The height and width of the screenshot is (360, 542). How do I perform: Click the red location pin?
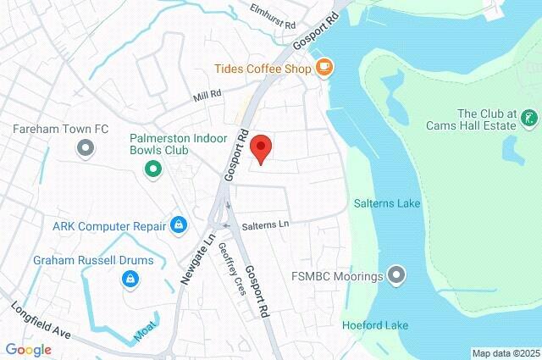[262, 148]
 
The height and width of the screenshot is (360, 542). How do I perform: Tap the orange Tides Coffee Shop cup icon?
[324, 67]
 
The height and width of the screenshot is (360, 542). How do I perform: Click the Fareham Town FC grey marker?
[85, 149]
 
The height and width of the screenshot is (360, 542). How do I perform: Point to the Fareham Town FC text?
[61, 129]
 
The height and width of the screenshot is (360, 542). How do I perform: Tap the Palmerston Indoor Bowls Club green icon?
[153, 169]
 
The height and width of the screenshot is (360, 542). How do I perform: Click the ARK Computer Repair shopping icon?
[178, 224]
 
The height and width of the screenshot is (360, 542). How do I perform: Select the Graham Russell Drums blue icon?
[130, 277]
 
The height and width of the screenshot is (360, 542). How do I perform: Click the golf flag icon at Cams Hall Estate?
[529, 118]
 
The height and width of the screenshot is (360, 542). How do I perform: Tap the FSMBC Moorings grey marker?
[396, 275]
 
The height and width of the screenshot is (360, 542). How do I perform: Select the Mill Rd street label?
[207, 96]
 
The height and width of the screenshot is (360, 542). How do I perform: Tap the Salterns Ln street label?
[265, 225]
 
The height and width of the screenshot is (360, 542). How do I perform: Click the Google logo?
[28, 349]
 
